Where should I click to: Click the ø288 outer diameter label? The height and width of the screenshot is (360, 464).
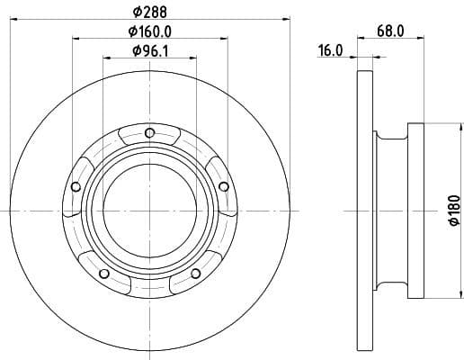148,12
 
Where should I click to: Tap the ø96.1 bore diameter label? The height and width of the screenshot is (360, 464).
150,51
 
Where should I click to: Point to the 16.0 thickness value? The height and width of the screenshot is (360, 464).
330,51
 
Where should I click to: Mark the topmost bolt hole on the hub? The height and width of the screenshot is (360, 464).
149,136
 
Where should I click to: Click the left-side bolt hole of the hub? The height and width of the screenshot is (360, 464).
76,187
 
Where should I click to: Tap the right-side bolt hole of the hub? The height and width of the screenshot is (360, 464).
222,185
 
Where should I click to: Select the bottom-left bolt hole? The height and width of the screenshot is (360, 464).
104,274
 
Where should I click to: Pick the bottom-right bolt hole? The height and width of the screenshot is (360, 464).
195,274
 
